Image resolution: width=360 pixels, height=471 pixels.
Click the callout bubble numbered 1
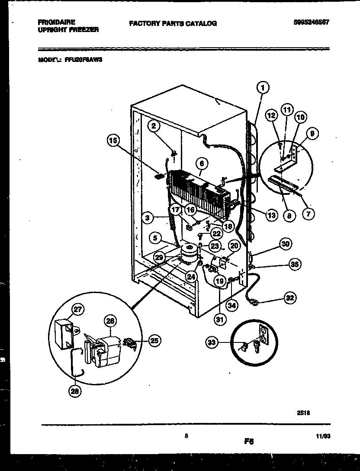click(x=262, y=88)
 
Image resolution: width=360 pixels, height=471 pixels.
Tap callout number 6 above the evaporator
click(x=201, y=164)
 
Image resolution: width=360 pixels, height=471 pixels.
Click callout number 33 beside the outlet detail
click(x=212, y=343)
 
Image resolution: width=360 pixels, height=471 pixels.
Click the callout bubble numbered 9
click(x=312, y=134)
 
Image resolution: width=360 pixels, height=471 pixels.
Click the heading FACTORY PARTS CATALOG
click(x=173, y=23)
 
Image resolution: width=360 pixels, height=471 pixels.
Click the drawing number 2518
click(x=303, y=413)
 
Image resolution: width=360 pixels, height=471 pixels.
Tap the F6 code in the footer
click(x=248, y=442)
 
